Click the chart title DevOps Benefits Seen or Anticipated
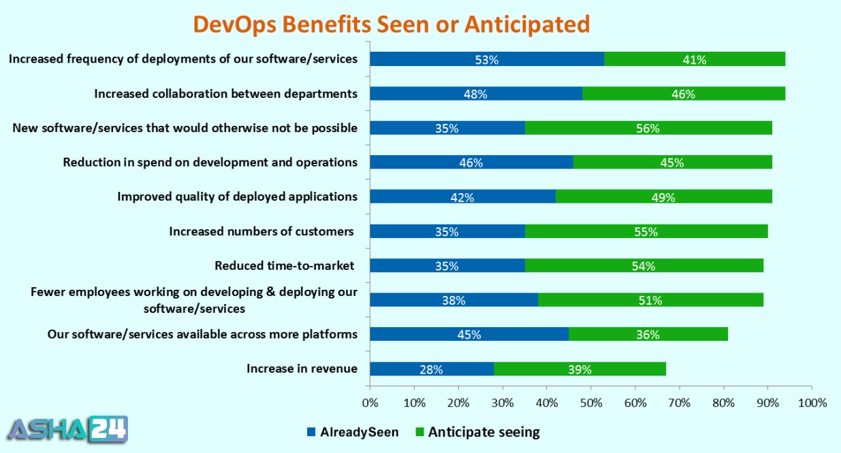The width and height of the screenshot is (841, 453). [391, 23]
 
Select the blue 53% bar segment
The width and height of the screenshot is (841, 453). [487, 59]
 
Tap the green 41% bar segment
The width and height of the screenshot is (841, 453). [695, 59]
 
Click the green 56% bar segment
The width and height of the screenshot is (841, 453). [648, 128]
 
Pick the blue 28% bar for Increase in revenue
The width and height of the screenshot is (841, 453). [432, 369]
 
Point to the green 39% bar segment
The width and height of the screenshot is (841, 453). [580, 369]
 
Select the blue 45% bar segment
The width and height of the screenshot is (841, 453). [469, 335]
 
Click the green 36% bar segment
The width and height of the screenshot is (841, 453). [648, 335]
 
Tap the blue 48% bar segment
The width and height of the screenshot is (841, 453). [476, 94]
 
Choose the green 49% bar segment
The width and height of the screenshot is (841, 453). [663, 197]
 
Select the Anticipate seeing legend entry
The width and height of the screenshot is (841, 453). [476, 432]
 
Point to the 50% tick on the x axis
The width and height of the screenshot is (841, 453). [590, 403]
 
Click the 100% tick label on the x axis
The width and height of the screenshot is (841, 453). [812, 403]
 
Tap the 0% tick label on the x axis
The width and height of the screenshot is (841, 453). [370, 403]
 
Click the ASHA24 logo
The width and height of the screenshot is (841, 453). [67, 429]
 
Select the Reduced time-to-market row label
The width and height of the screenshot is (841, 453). [286, 265]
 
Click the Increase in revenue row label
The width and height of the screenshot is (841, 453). [302, 369]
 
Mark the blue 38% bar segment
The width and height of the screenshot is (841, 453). [454, 300]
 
